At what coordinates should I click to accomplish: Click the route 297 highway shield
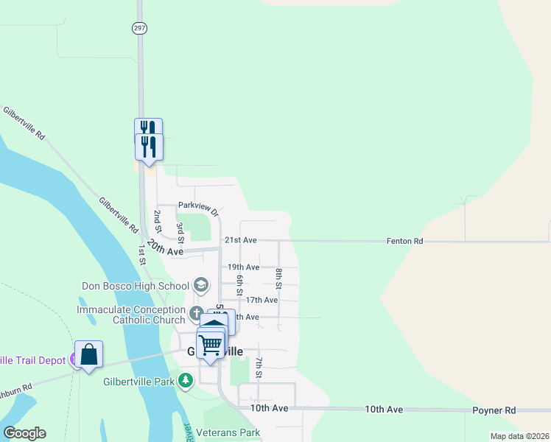pyautogui.click(x=140, y=28)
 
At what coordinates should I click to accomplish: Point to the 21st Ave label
pyautogui.click(x=241, y=240)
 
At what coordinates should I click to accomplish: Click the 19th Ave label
pyautogui.click(x=243, y=267)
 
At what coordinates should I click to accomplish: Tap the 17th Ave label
pyautogui.click(x=262, y=300)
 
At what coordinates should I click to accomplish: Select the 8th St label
pyautogui.click(x=279, y=278)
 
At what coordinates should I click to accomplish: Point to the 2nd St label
pyautogui.click(x=157, y=220)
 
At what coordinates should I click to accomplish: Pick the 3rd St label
pyautogui.click(x=180, y=231)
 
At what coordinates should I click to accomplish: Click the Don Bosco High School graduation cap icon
pyautogui.click(x=200, y=285)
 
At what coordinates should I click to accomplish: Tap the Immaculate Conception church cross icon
pyautogui.click(x=196, y=313)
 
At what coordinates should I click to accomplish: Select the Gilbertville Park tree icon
pyautogui.click(x=186, y=381)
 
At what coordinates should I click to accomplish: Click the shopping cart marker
pyautogui.click(x=211, y=344)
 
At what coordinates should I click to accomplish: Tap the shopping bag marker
pyautogui.click(x=89, y=354)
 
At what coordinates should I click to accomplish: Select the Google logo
pyautogui.click(x=24, y=433)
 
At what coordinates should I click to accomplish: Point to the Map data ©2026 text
pyautogui.click(x=519, y=436)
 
